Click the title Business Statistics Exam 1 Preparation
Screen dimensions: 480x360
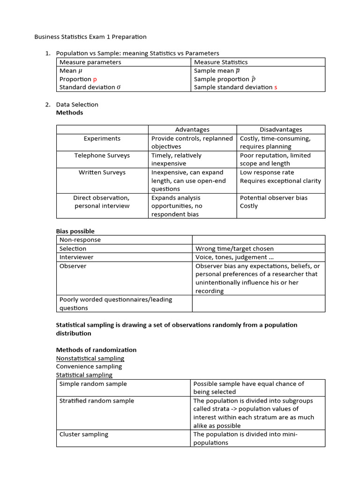(x=91, y=37)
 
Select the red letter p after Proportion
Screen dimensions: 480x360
(x=95, y=79)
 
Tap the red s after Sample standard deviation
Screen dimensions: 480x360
(x=276, y=87)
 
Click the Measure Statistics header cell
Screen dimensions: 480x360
(x=221, y=62)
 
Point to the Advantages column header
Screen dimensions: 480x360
(x=192, y=130)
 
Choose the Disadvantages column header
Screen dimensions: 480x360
(x=281, y=130)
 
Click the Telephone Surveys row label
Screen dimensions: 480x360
(x=102, y=156)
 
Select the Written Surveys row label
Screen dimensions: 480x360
(x=102, y=172)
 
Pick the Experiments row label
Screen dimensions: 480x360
(x=102, y=139)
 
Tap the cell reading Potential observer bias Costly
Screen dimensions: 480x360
(x=274, y=202)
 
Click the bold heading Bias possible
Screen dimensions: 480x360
(x=75, y=231)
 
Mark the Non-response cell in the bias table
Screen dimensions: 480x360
(x=80, y=240)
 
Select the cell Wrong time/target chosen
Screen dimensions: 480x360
(x=234, y=248)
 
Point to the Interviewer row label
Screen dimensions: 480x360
(x=76, y=257)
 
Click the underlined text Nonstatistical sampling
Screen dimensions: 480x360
(x=90, y=358)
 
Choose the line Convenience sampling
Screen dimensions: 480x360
(x=89, y=367)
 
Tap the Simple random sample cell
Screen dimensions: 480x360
(x=93, y=384)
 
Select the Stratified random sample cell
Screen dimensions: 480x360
(x=97, y=401)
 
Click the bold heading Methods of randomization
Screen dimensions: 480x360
(x=96, y=350)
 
